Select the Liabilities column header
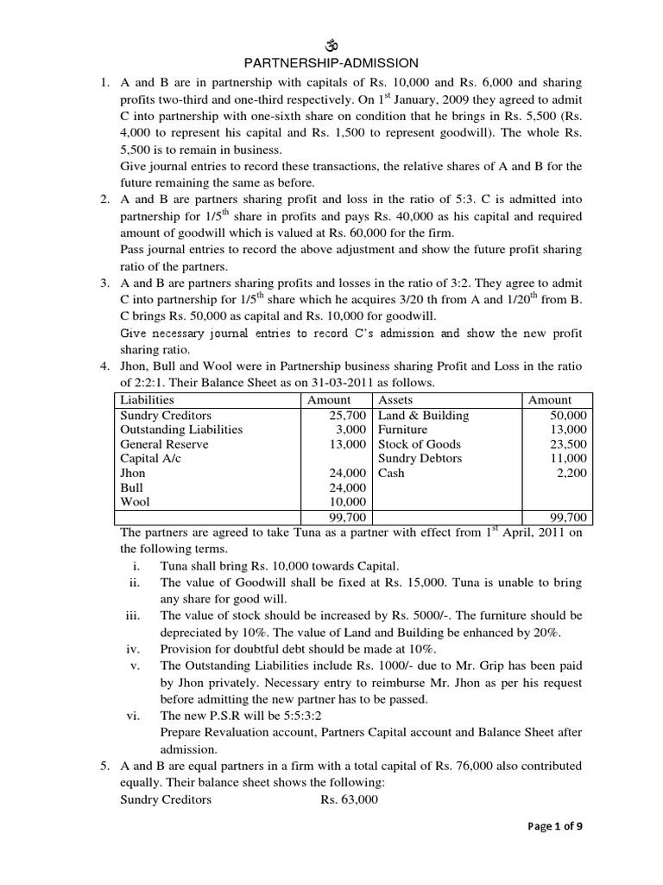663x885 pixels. coord(147,400)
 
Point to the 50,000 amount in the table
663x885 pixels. coord(567,415)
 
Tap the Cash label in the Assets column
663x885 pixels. coord(391,473)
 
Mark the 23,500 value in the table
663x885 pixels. coord(567,444)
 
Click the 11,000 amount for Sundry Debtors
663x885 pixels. coord(567,458)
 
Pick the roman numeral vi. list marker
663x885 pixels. coord(132,716)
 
